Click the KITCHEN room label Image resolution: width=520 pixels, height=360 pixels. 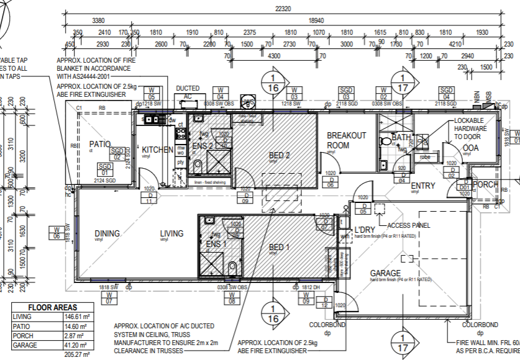[x=158, y=150]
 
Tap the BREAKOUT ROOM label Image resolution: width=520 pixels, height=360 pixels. [x=347, y=140]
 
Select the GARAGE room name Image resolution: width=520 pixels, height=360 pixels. [x=385, y=273]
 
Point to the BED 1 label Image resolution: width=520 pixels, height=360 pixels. [x=279, y=248]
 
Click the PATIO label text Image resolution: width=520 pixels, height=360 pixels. [x=99, y=143]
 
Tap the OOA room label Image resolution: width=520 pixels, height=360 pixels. [x=470, y=148]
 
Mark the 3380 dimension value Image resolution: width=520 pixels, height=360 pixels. [x=98, y=20]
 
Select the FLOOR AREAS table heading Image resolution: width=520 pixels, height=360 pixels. [x=53, y=307]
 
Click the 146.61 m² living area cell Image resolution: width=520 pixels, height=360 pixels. [x=74, y=317]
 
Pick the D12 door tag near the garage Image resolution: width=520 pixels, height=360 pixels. [x=324, y=302]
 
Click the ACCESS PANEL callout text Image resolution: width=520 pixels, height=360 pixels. [x=408, y=225]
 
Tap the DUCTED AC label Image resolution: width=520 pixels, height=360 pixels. [x=188, y=92]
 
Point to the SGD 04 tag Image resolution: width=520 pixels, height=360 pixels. [x=445, y=94]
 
